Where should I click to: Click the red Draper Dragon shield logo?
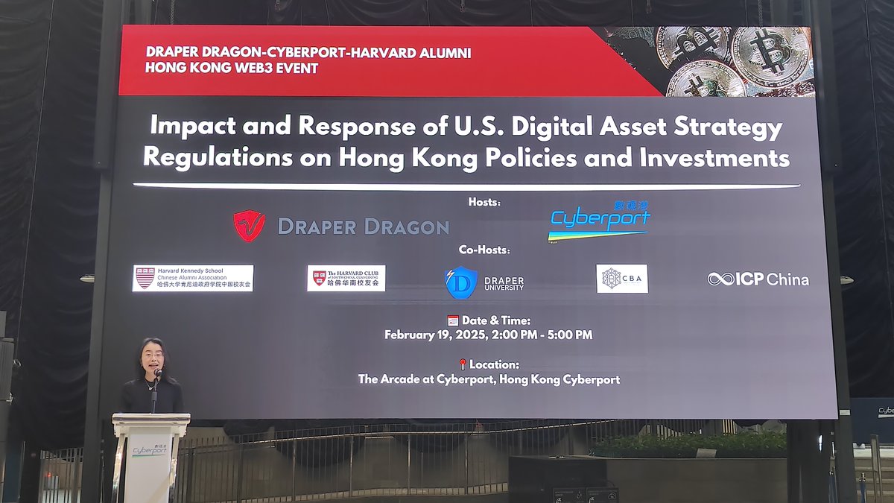[249, 226]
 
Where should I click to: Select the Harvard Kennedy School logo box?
[192, 278]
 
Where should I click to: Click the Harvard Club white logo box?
[346, 278]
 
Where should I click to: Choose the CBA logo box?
[622, 279]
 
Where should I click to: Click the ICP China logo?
[758, 279]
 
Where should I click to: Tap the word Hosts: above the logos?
[484, 202]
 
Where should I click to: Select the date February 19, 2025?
[435, 335]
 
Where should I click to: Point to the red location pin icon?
[462, 364]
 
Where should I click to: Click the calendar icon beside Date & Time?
[453, 320]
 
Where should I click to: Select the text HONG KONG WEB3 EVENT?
[232, 69]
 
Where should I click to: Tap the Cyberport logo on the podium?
[150, 450]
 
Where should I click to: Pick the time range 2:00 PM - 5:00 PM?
[542, 335]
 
